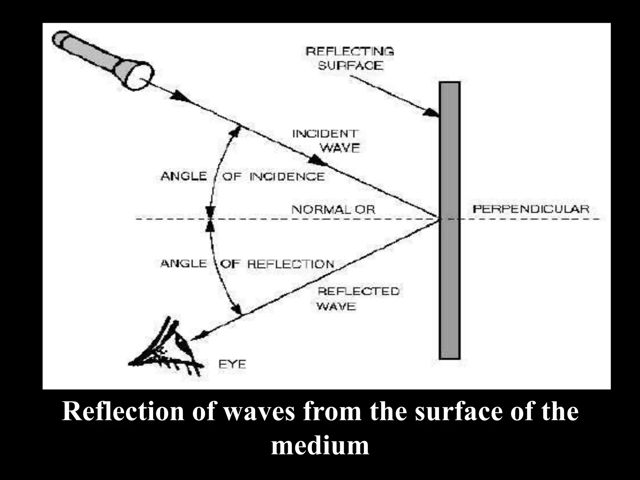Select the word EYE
pos(232,365)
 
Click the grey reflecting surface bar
pos(450,281)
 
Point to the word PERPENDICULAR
pos(531,209)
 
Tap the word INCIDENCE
pos(287,177)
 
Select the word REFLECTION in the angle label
pos(291,264)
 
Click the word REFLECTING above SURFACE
pos(350,51)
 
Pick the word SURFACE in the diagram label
pos(350,66)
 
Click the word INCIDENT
pos(325,134)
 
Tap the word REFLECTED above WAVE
pos(358,291)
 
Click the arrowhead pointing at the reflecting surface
pos(432,112)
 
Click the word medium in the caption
pos(320,445)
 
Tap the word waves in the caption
pos(259,411)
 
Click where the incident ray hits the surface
pos(439,219)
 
